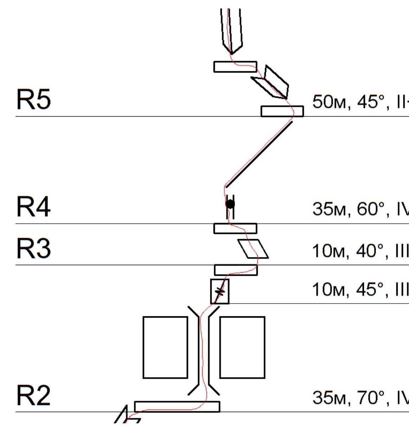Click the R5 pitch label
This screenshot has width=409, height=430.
33,100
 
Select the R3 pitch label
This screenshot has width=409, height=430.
33,249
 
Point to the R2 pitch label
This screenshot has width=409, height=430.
33,396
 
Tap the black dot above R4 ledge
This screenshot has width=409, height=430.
230,204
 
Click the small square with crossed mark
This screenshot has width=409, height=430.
220,291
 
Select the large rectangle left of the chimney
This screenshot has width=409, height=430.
165,347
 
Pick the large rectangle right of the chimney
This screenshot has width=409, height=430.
242,347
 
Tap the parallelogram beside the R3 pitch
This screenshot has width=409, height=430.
253,249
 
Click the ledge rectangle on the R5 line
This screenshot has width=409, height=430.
282,111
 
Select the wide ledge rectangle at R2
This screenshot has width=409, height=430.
177,406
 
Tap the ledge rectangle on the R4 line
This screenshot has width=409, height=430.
235,228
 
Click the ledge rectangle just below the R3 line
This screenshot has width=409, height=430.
236,270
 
